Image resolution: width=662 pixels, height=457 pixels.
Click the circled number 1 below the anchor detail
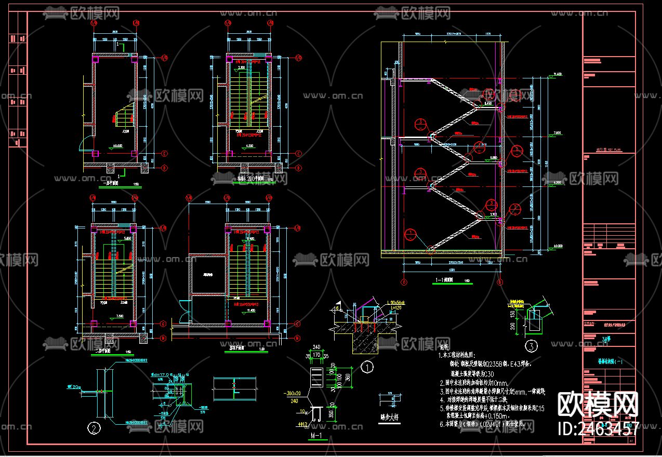pyautogui.click(x=367, y=368)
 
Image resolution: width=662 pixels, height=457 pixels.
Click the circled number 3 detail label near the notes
pyautogui.click(x=531, y=345)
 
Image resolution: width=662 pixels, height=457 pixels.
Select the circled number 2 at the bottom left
pyautogui.click(x=94, y=428)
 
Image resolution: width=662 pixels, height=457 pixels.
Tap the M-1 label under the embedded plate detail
pyautogui.click(x=316, y=434)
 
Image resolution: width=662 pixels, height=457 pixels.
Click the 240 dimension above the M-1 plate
pyautogui.click(x=316, y=349)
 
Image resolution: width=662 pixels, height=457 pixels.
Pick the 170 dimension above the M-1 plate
pyautogui.click(x=316, y=356)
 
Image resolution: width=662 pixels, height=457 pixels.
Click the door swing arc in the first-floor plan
pyautogui.click(x=83, y=143)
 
